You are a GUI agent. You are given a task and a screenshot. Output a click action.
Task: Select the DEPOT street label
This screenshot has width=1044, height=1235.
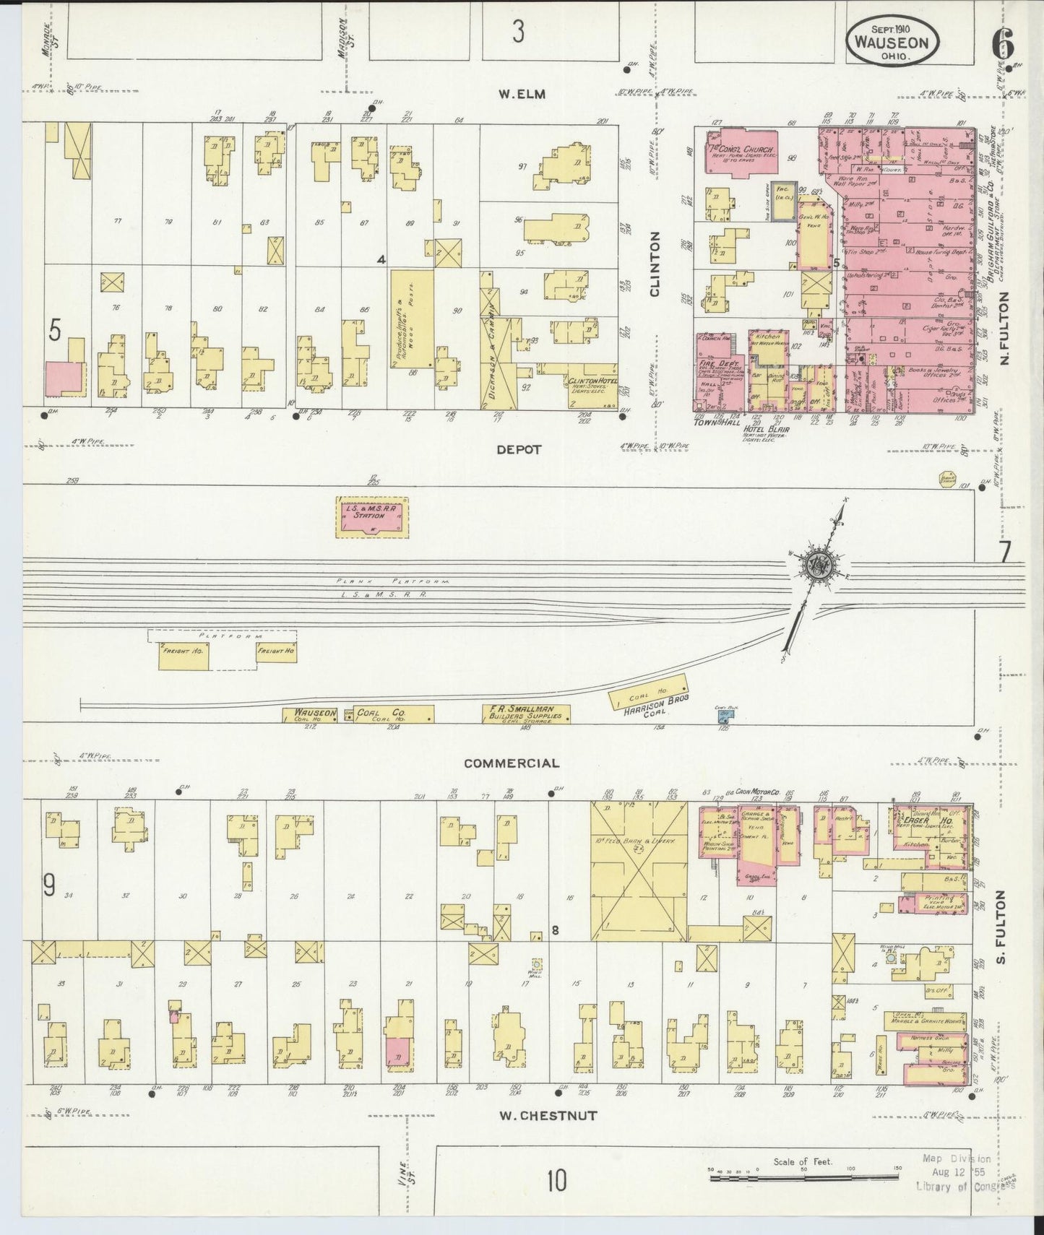pos(518,449)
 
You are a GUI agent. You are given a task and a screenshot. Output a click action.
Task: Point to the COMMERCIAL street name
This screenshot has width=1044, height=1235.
pos(512,763)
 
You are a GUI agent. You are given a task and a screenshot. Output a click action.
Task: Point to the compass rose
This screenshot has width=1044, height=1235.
pos(820,565)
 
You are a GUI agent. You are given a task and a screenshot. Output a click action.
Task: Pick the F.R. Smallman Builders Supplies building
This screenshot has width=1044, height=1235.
pos(526,714)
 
